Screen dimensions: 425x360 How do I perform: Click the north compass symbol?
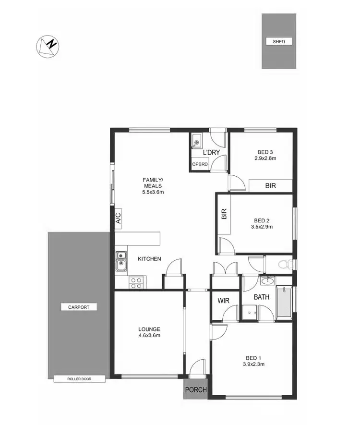pyautogui.click(x=47, y=46)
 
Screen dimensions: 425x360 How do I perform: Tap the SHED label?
pyautogui.click(x=279, y=42)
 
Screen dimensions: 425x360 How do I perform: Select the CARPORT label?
pyautogui.click(x=79, y=307)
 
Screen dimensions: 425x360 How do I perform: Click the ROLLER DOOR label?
pyautogui.click(x=79, y=379)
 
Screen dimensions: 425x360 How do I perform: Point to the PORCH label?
pyautogui.click(x=196, y=390)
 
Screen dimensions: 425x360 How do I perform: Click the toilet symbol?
pyautogui.click(x=286, y=263)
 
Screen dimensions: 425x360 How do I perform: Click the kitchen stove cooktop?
pyautogui.click(x=136, y=282)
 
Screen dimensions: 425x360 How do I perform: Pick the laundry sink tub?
pyautogui.click(x=197, y=141)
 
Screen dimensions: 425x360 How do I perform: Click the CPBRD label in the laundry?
pyautogui.click(x=199, y=164)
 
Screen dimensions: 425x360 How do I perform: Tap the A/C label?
pyautogui.click(x=118, y=219)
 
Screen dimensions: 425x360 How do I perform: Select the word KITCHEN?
pyautogui.click(x=149, y=259)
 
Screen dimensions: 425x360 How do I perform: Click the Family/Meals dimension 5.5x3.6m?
pyautogui.click(x=153, y=192)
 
